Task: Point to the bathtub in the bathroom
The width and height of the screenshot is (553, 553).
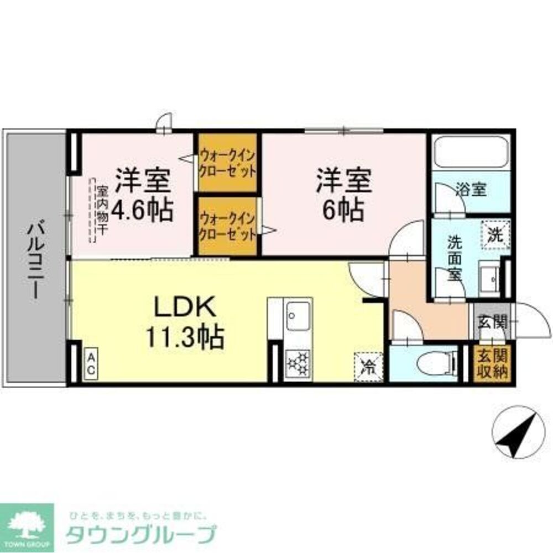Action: [471, 152]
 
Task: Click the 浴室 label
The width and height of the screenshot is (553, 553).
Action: [471, 190]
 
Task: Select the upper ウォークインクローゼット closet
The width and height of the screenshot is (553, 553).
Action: [228, 162]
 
